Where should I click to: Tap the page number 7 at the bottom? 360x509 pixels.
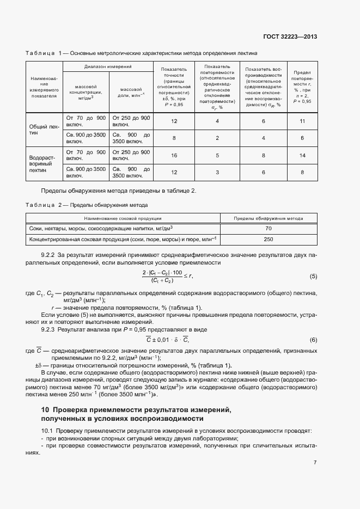pos(315,462)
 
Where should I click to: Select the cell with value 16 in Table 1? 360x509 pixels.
pos(174,155)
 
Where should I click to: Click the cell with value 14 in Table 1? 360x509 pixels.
pos(302,155)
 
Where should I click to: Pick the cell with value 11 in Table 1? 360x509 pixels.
pos(302,121)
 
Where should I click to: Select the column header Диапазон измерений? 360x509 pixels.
pos(108,66)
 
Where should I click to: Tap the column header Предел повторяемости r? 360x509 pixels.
pos(302,87)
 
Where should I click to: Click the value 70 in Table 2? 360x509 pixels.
pos(269,229)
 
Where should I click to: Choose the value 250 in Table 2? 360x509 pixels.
pos(269,239)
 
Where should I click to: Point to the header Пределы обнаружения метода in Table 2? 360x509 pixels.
pos(269,218)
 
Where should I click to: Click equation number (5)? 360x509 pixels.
pos(313,277)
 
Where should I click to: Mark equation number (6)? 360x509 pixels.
pos(313,340)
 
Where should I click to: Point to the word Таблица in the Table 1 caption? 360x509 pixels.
pos(40,53)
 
